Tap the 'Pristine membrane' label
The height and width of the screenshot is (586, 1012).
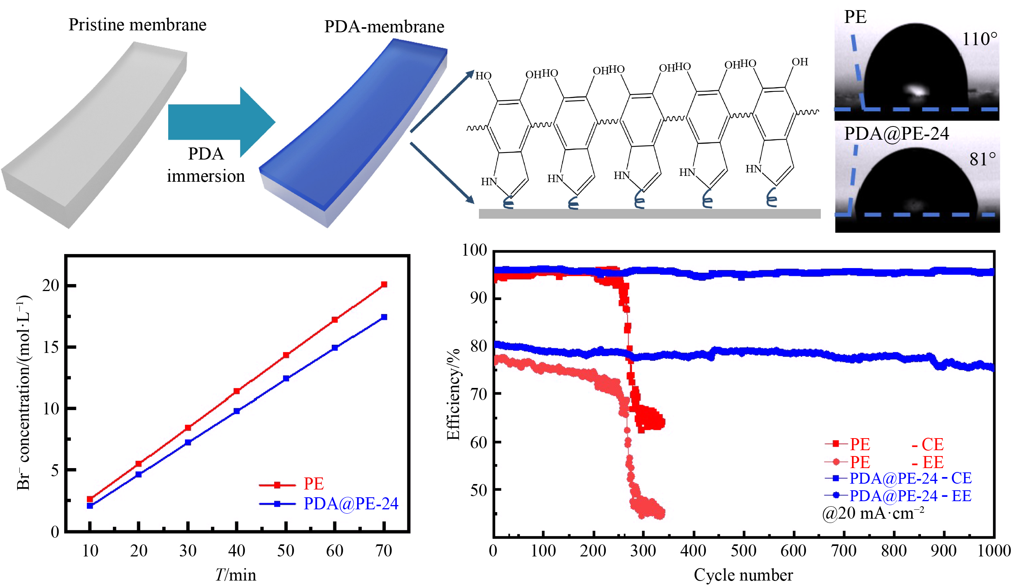137,25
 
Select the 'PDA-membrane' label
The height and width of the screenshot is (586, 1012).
384,27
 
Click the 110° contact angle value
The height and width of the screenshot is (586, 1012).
979,39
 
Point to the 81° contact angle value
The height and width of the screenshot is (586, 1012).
982,160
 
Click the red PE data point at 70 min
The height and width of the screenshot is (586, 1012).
384,284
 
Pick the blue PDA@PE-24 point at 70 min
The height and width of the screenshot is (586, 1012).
384,317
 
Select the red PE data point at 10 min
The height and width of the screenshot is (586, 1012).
90,499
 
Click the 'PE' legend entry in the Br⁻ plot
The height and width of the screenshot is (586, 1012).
313,484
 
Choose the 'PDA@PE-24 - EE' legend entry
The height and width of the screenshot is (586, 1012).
909,496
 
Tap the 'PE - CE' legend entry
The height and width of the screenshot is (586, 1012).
884,444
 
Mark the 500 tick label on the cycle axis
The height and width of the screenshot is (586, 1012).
743,551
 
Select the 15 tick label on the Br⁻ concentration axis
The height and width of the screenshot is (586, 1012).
51,347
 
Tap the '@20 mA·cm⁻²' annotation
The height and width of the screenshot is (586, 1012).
873,513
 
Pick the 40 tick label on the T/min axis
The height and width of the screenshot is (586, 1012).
236,551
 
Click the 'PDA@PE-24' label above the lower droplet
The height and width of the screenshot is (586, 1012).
896,133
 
